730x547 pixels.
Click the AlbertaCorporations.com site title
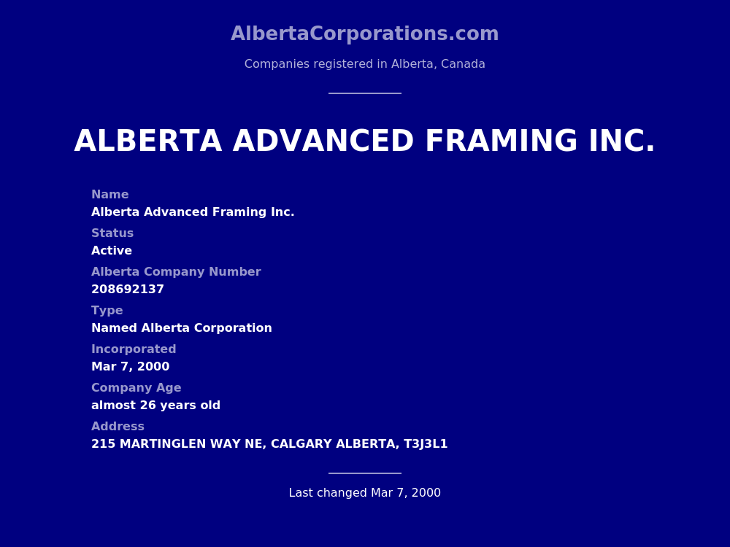(x=364, y=34)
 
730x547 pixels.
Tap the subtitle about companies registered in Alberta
(x=364, y=64)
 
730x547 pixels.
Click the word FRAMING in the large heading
(x=501, y=141)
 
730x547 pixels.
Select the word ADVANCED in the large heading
(x=323, y=141)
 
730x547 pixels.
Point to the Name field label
(x=109, y=195)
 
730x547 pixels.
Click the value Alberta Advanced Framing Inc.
(x=193, y=212)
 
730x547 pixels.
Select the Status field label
(x=112, y=233)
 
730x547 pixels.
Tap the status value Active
(x=112, y=251)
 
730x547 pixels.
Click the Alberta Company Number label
(x=176, y=272)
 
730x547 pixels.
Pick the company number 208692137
(x=128, y=290)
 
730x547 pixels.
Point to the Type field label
(x=107, y=311)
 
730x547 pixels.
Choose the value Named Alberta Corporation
(x=182, y=328)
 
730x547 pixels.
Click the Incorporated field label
(x=134, y=349)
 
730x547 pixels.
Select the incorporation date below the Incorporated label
(x=130, y=367)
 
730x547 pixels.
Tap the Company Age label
(x=136, y=388)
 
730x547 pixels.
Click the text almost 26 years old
(x=155, y=406)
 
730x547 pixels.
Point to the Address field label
(x=118, y=427)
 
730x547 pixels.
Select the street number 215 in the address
(x=103, y=444)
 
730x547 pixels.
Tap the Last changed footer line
(x=364, y=493)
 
